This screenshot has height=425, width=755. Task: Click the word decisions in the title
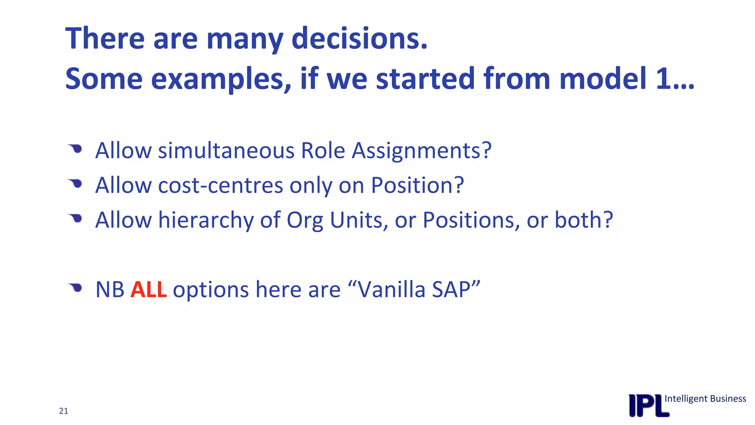pyautogui.click(x=359, y=38)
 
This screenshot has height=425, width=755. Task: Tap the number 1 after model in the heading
pyautogui.click(x=664, y=78)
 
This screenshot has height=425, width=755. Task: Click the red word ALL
pyautogui.click(x=149, y=289)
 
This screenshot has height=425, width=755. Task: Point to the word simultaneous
pyautogui.click(x=226, y=151)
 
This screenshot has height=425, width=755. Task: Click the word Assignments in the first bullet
pyautogui.click(x=421, y=151)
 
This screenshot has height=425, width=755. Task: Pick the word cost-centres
pyautogui.click(x=220, y=185)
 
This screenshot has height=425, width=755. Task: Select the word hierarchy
pyautogui.click(x=206, y=220)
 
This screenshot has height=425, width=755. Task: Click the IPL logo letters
pyautogui.click(x=648, y=405)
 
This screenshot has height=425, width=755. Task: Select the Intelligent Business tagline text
pyautogui.click(x=705, y=398)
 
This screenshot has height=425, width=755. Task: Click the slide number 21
pyautogui.click(x=63, y=411)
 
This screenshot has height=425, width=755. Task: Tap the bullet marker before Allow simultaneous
pyautogui.click(x=76, y=149)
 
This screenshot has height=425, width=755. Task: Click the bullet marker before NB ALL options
pyautogui.click(x=76, y=287)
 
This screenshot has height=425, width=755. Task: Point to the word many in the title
pyautogui.click(x=244, y=38)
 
